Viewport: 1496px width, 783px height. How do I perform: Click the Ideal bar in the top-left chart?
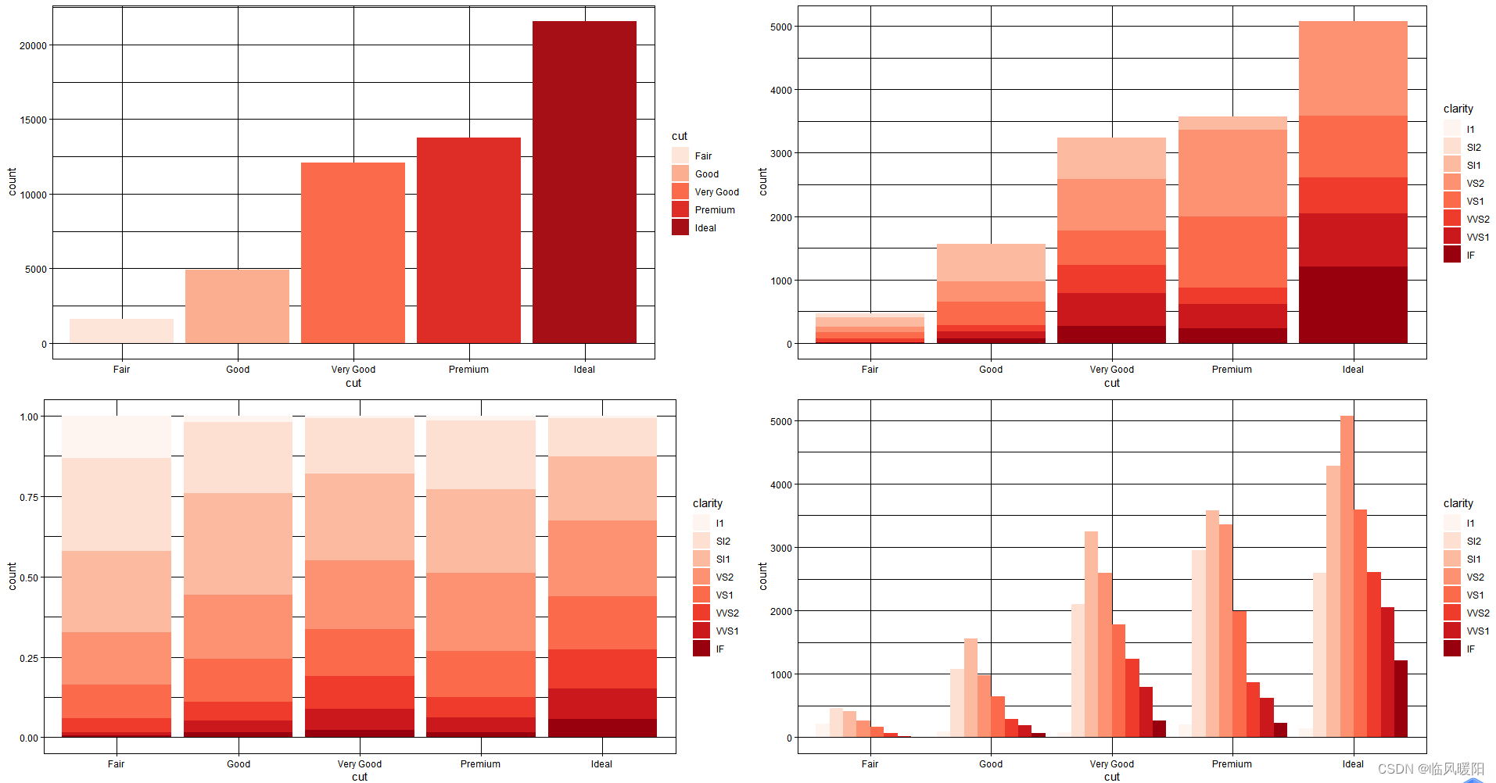[584, 182]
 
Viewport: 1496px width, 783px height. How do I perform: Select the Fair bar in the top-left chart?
[121, 331]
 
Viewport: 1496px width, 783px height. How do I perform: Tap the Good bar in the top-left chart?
[237, 306]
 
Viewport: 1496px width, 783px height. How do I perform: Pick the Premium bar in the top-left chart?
[468, 240]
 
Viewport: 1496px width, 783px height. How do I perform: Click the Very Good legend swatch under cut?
[680, 191]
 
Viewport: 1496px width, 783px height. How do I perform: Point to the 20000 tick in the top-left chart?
[33, 45]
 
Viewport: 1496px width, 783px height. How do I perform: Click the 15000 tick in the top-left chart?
[33, 120]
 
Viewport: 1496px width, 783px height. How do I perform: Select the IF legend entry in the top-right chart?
[1470, 256]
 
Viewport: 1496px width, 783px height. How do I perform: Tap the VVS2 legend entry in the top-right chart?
[1477, 220]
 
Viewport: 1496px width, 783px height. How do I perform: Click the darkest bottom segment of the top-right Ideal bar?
[1353, 305]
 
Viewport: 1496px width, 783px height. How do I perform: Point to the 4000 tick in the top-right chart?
[780, 90]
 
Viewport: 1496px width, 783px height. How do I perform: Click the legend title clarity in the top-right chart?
[1458, 109]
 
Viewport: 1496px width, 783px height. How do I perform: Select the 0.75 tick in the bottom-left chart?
[29, 497]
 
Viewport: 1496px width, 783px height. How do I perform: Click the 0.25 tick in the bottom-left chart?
[29, 658]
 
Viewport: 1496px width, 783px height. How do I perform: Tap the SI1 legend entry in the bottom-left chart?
[723, 560]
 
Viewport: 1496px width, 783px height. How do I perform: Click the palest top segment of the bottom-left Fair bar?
[116, 437]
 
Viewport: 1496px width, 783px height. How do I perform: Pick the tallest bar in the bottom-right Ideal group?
[1347, 576]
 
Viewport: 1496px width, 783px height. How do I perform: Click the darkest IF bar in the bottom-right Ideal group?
[1401, 699]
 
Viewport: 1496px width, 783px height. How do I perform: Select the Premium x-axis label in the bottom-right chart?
[1232, 764]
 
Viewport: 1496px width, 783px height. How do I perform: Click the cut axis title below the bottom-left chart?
[359, 777]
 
